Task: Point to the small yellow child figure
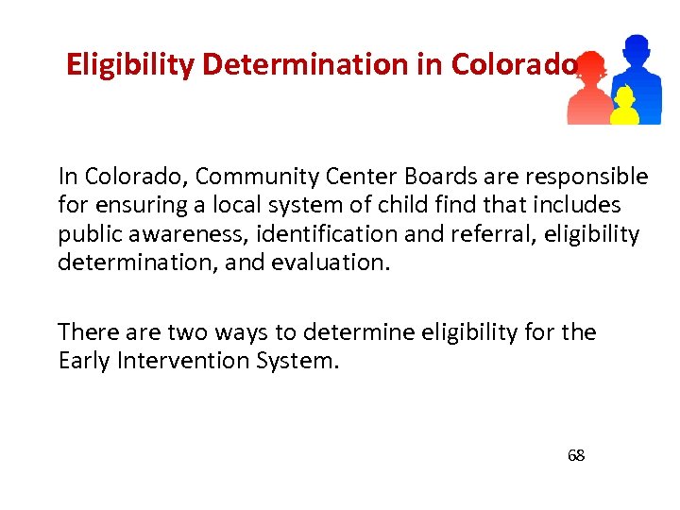(x=623, y=106)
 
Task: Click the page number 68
(x=576, y=456)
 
